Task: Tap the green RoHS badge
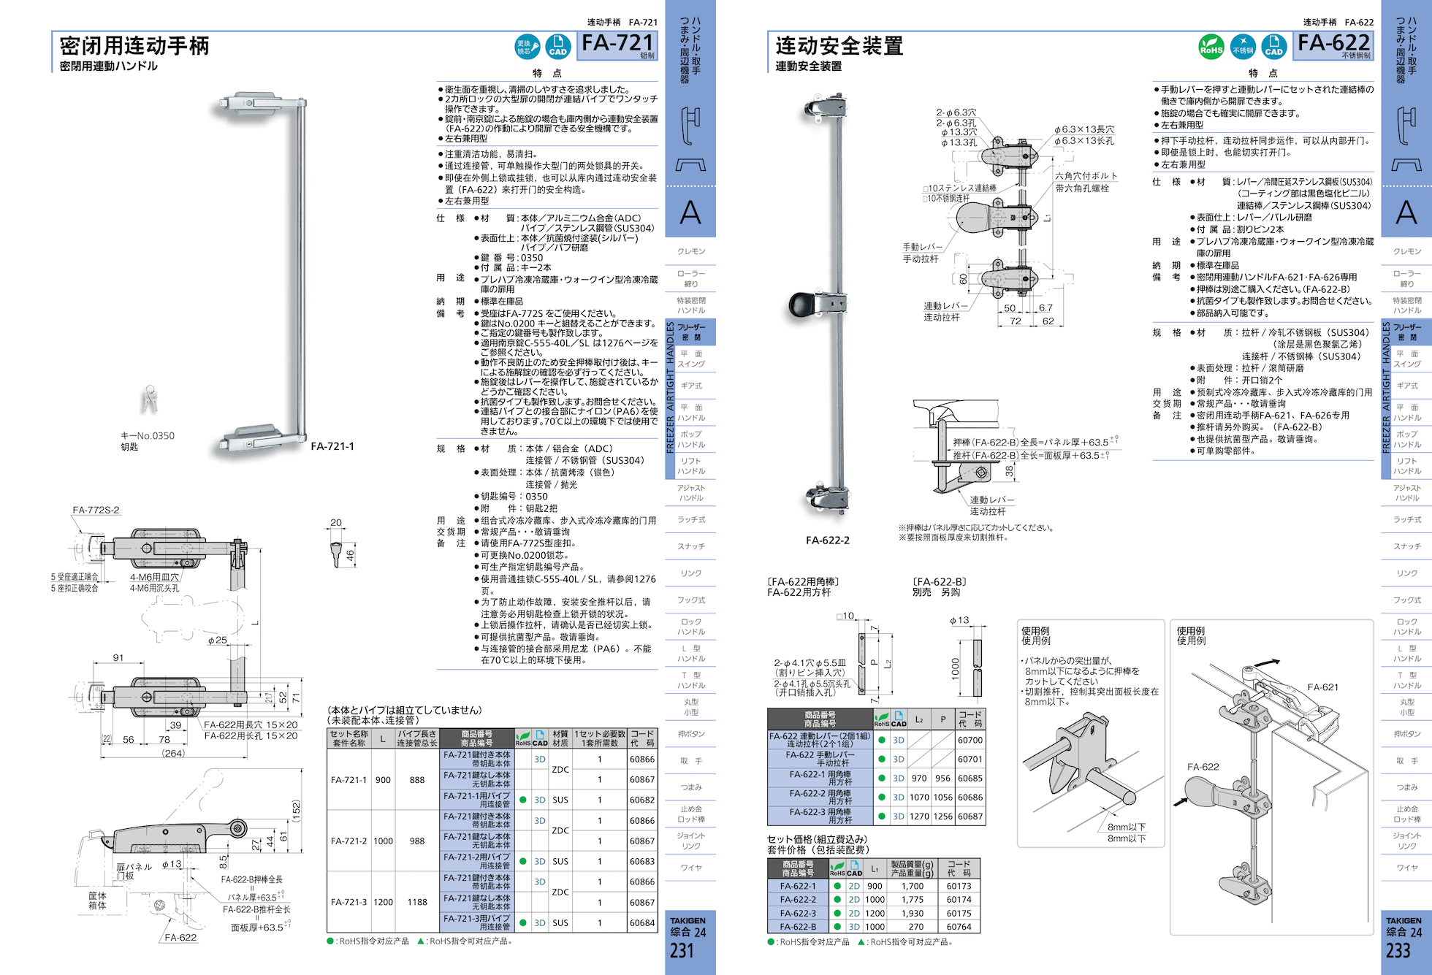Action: [1211, 47]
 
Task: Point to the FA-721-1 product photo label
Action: [332, 446]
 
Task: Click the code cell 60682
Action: [642, 800]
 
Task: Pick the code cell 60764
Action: [959, 927]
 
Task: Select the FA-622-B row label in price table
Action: [798, 927]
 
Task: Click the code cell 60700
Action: [970, 740]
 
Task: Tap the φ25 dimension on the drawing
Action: [217, 641]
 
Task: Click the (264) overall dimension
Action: [173, 753]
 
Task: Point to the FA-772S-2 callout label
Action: [96, 510]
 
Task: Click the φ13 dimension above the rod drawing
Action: [959, 620]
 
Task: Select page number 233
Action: [1398, 950]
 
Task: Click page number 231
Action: [682, 950]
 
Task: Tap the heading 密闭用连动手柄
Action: [134, 46]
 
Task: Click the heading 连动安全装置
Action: [839, 46]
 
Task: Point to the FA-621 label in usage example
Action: [1322, 687]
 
